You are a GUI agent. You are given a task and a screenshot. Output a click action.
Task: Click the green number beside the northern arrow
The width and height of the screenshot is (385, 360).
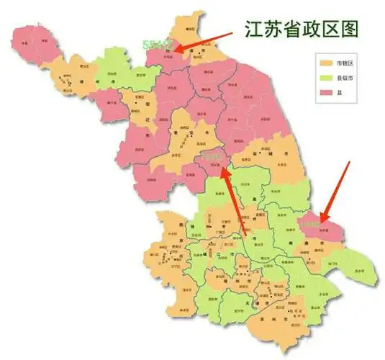point(158,45)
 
